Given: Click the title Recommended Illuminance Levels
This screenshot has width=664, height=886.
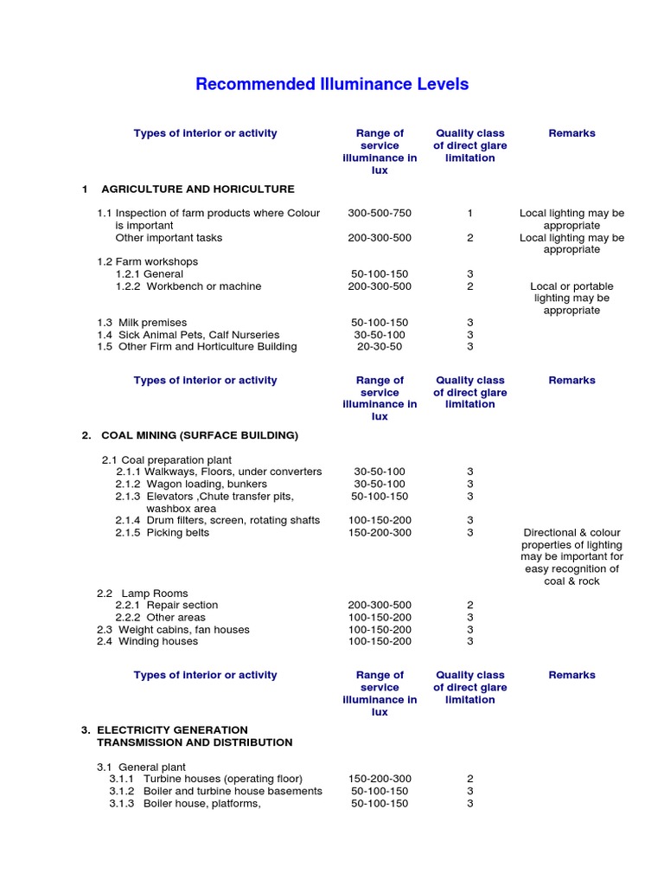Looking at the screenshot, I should (332, 84).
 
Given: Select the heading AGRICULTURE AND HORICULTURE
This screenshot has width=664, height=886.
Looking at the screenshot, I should (197, 189).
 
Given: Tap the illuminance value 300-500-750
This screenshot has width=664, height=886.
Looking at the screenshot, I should (380, 213).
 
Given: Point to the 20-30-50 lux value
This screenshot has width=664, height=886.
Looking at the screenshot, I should (380, 347).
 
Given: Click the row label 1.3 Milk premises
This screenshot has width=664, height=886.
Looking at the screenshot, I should (142, 323).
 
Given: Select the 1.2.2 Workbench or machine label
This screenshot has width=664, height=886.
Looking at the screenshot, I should (188, 286).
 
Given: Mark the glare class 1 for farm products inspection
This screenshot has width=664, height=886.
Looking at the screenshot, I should (470, 213).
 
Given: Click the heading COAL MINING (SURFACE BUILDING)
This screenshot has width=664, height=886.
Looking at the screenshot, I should (199, 435).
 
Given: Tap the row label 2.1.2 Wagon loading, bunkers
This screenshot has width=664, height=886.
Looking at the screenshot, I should (191, 484).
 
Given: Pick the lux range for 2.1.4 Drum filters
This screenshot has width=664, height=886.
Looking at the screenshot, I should (380, 520).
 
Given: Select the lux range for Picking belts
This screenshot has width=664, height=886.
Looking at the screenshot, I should (380, 533).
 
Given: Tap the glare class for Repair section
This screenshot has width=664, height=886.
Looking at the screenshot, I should (470, 605).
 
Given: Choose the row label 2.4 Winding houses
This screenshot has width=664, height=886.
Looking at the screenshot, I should (147, 642).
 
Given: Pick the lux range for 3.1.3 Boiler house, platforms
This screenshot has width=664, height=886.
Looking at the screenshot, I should (380, 804).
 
